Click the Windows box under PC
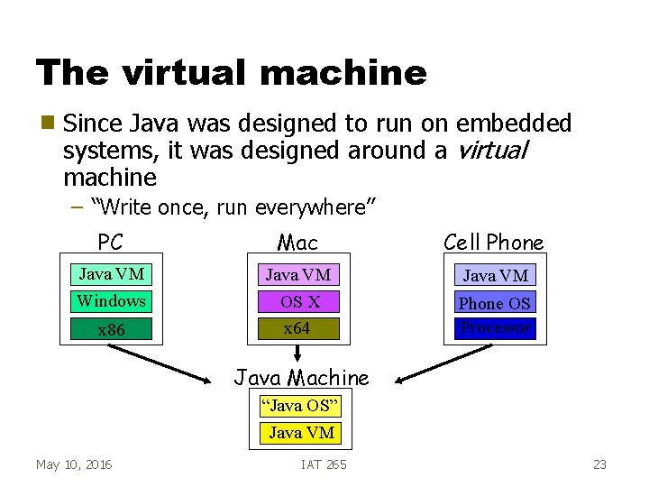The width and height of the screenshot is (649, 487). click(x=112, y=301)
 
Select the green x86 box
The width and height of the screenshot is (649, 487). click(x=112, y=330)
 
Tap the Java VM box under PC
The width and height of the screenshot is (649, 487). click(x=112, y=274)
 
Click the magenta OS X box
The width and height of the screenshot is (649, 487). click(x=298, y=302)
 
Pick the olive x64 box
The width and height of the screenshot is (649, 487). click(x=297, y=328)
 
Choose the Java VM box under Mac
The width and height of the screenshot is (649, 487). click(x=298, y=274)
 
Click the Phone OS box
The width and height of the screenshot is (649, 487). click(x=495, y=303)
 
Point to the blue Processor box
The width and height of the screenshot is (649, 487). click(x=495, y=328)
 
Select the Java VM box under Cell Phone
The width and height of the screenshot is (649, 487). click(x=495, y=275)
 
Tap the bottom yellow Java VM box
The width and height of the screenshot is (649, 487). click(x=301, y=433)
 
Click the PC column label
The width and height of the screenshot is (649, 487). click(x=111, y=243)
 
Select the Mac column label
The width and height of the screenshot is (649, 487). click(x=297, y=243)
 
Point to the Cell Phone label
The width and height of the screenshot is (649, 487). click(x=494, y=242)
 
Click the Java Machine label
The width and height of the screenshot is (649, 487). click(x=301, y=378)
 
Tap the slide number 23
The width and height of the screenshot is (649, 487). click(x=599, y=464)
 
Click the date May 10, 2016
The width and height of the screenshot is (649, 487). click(x=74, y=464)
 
